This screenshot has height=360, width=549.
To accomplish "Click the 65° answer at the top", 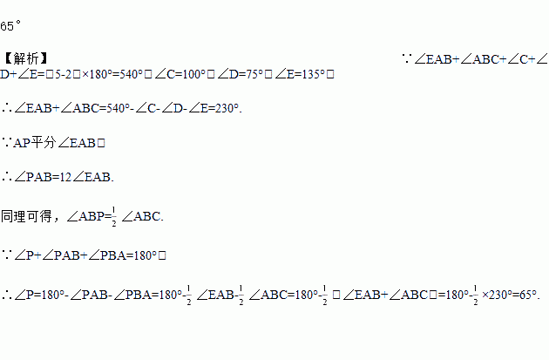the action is click(11, 26).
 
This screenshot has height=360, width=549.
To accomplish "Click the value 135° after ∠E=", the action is click(310, 75).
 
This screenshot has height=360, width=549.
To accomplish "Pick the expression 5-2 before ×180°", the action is click(76, 75).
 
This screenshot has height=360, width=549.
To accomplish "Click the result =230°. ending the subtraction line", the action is click(223, 108).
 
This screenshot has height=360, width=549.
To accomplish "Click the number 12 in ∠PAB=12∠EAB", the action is click(60, 176).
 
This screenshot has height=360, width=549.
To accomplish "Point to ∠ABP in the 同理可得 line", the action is click(85, 214).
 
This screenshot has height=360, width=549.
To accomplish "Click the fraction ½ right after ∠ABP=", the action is click(114, 214).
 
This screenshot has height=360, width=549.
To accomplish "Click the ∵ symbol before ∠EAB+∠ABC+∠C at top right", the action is click(407, 58).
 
